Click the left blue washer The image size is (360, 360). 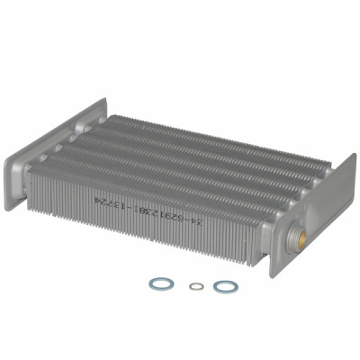(x=160, y=283)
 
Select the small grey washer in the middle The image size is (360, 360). (x=196, y=286)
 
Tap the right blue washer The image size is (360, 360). (x=225, y=286)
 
